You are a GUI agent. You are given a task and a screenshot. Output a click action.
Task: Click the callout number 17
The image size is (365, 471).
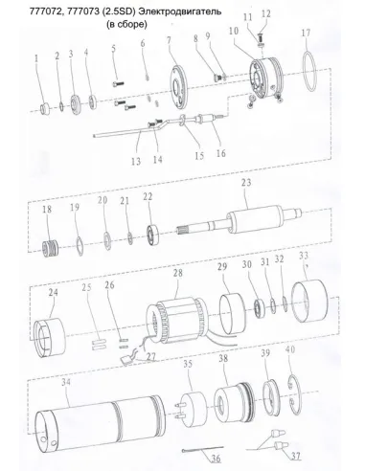pos(305,33)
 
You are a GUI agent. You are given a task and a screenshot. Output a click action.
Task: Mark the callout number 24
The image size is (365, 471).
pos(52,293)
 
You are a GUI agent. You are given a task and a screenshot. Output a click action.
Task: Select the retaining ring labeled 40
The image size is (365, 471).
pos(298,392)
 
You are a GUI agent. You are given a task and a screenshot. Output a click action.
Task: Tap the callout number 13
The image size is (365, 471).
pos(136,160)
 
